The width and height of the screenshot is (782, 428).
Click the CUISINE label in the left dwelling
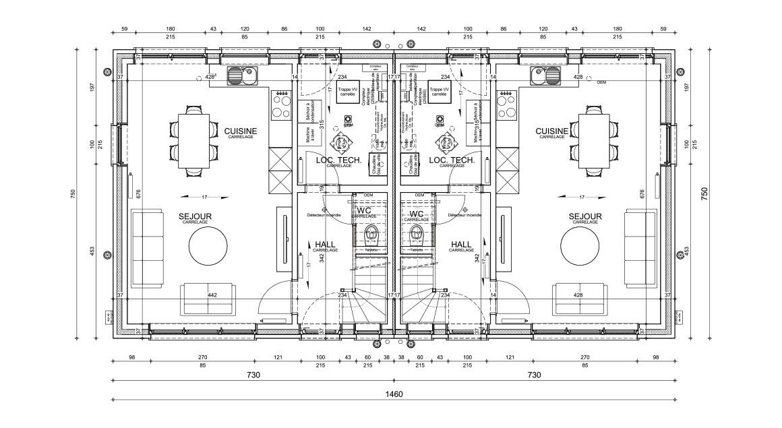(241, 130)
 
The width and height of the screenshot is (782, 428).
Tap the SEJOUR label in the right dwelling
(584, 216)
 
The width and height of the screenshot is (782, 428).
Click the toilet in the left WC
(371, 235)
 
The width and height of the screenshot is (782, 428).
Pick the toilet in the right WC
(417, 235)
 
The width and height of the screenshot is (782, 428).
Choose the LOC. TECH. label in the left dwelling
(334, 160)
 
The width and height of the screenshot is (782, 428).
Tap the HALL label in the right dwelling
(461, 244)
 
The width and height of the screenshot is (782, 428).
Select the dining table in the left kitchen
(193, 139)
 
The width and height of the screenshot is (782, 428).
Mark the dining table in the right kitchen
(593, 139)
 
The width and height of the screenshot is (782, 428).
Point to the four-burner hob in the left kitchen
(280, 104)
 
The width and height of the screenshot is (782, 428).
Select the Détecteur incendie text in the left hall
(324, 215)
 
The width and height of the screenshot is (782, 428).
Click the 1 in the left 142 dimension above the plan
(363, 30)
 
